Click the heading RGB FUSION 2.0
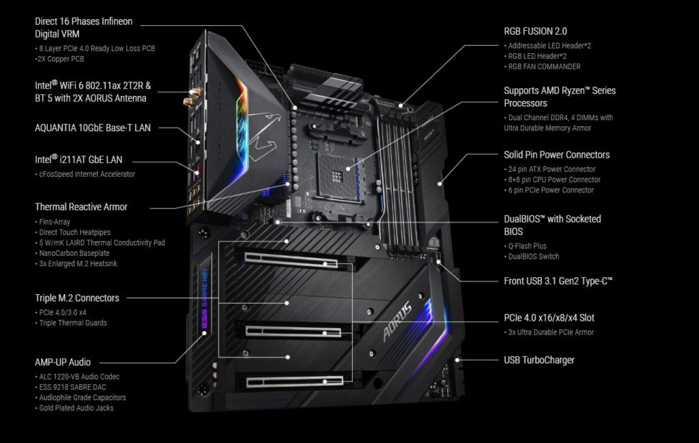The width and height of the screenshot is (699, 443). [535, 31]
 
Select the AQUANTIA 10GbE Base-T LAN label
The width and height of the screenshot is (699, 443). [93, 128]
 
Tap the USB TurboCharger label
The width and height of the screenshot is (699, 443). [539, 360]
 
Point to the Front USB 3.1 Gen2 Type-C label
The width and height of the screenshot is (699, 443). [558, 281]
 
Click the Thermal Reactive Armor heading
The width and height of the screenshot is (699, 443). [81, 207]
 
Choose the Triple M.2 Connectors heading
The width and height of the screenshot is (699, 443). [77, 298]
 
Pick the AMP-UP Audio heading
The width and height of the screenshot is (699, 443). [63, 362]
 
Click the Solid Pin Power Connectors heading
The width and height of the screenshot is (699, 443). [557, 155]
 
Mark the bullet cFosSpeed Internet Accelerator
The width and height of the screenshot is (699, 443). [85, 174]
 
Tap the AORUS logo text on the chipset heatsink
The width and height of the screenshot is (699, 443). [397, 321]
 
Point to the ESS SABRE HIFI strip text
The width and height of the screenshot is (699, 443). [205, 298]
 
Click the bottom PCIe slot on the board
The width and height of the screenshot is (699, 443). [295, 382]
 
